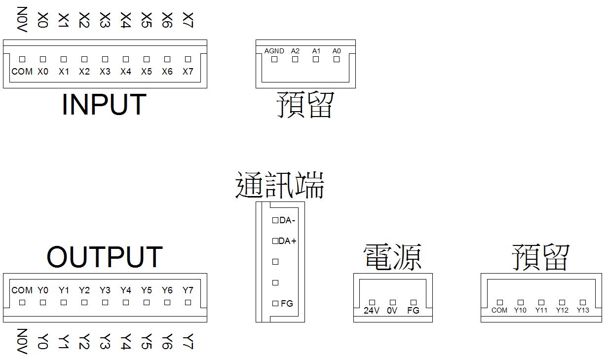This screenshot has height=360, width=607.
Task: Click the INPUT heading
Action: coord(104,104)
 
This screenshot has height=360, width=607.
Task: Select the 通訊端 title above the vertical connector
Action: coord(279,186)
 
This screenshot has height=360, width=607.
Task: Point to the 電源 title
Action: coord(392,257)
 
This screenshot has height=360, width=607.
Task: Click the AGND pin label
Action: coord(274,51)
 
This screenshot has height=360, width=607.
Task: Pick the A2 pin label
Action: coord(295,51)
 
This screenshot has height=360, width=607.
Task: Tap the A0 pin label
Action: coord(337,51)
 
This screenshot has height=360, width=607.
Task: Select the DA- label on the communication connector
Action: coord(287,220)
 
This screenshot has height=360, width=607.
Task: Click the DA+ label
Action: coord(288,241)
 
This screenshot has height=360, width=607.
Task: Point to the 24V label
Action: coord(372,311)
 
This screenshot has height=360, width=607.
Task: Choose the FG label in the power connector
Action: coord(413,311)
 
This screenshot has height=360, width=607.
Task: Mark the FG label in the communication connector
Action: coord(287,304)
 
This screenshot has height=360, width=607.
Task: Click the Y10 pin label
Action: coord(520,310)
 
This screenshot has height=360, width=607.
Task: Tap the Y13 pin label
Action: coord(583,310)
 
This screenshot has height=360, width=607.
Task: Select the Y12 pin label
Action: coord(562,310)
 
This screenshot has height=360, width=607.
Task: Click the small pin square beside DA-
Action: coord(275,220)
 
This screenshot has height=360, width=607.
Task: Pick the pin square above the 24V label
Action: coord(372,302)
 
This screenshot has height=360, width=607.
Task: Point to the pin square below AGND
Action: coord(274,59)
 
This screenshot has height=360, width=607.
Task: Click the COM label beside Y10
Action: coord(499,310)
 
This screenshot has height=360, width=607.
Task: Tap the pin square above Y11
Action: coord(541,302)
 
